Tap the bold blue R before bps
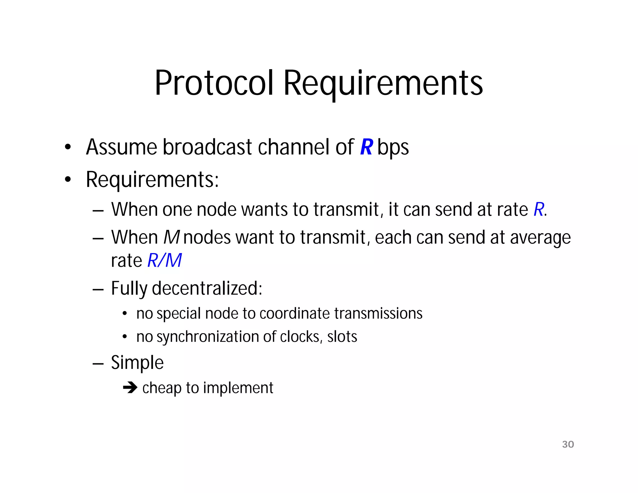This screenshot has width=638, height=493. click(x=366, y=147)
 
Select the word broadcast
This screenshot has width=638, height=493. click(x=207, y=147)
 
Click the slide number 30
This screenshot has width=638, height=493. click(x=568, y=444)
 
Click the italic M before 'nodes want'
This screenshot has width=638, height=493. click(x=172, y=237)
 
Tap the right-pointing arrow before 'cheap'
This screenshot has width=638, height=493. click(x=130, y=388)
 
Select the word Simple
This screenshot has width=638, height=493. click(x=137, y=362)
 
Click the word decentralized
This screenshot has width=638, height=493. click(x=207, y=288)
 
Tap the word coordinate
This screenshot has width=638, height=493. click(x=294, y=313)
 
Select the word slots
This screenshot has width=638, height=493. click(x=342, y=337)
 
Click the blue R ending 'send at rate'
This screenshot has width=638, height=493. click(x=539, y=209)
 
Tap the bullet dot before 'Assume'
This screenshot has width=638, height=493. click(x=68, y=147)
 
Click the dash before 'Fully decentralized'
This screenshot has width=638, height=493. click(x=98, y=289)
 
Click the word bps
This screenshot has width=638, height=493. click(x=393, y=147)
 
